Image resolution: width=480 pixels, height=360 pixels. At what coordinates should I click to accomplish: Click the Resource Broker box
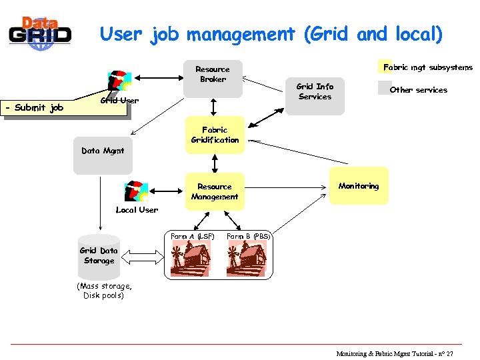point(213,77)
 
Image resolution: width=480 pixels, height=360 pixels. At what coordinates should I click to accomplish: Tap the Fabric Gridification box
point(215,136)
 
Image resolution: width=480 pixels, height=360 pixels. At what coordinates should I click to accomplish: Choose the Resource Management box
point(214,192)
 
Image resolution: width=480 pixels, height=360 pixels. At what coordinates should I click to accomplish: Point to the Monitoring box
point(359,186)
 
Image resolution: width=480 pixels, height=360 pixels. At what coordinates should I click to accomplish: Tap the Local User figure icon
point(137,191)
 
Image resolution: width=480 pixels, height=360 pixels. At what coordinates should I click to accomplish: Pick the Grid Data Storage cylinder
point(99,256)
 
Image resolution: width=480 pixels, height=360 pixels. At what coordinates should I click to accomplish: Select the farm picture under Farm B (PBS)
point(246,259)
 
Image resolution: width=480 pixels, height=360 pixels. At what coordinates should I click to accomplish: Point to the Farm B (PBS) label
point(248,237)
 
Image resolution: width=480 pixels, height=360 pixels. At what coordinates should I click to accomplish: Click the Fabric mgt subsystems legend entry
point(427,67)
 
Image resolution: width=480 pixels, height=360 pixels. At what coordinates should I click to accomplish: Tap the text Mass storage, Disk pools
point(103,291)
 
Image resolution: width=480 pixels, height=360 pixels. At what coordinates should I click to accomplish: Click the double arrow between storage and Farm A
point(145,255)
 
